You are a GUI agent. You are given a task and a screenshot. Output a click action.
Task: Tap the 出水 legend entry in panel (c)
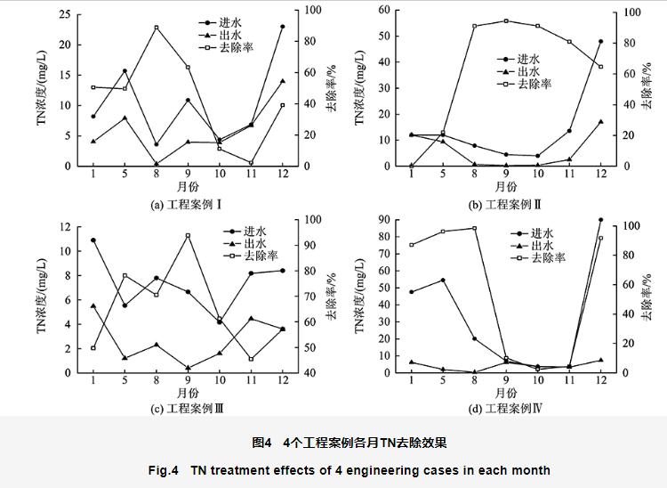click(225, 242)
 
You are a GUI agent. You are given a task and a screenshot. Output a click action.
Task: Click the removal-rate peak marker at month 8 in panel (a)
click(157, 28)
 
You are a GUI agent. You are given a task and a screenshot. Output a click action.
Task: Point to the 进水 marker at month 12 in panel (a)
click(282, 27)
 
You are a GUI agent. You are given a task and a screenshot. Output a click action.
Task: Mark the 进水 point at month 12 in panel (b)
click(600, 42)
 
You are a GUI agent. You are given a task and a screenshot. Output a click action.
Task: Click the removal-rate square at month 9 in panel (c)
click(188, 236)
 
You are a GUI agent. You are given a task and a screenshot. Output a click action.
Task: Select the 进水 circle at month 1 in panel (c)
click(93, 240)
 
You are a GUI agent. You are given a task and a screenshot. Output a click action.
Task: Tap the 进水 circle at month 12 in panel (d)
click(600, 219)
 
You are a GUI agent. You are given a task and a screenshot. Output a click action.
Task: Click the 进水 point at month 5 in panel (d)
click(443, 280)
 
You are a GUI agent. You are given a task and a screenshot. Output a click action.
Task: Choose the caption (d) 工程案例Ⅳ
click(505, 409)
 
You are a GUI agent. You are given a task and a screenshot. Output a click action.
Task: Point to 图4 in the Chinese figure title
click(261, 443)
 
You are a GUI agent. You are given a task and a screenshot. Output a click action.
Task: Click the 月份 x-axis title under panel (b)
click(505, 187)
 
